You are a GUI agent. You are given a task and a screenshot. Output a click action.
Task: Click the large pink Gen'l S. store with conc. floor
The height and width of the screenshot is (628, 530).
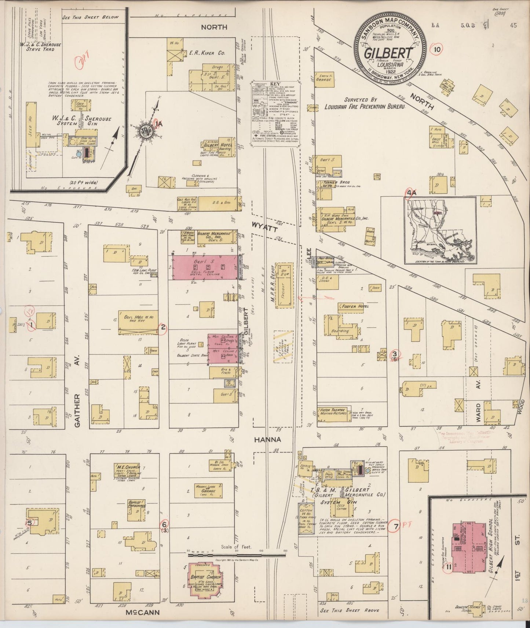pos(203,267)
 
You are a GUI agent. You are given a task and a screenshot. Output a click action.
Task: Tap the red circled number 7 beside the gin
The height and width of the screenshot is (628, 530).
pos(395,527)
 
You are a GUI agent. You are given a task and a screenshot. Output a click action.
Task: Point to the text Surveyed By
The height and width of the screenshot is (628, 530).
pos(361,99)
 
